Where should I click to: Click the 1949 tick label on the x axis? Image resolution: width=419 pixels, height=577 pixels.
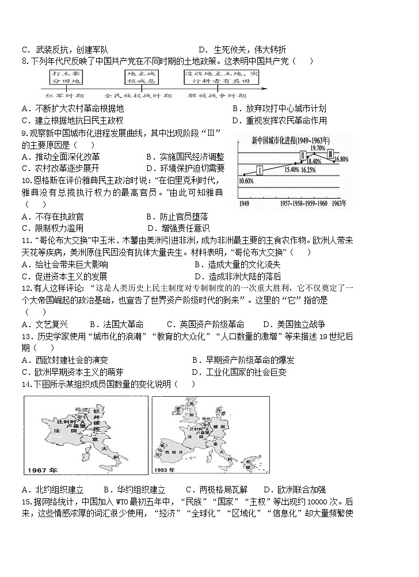point(245,203)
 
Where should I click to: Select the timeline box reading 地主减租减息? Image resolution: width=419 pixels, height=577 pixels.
point(142,77)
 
